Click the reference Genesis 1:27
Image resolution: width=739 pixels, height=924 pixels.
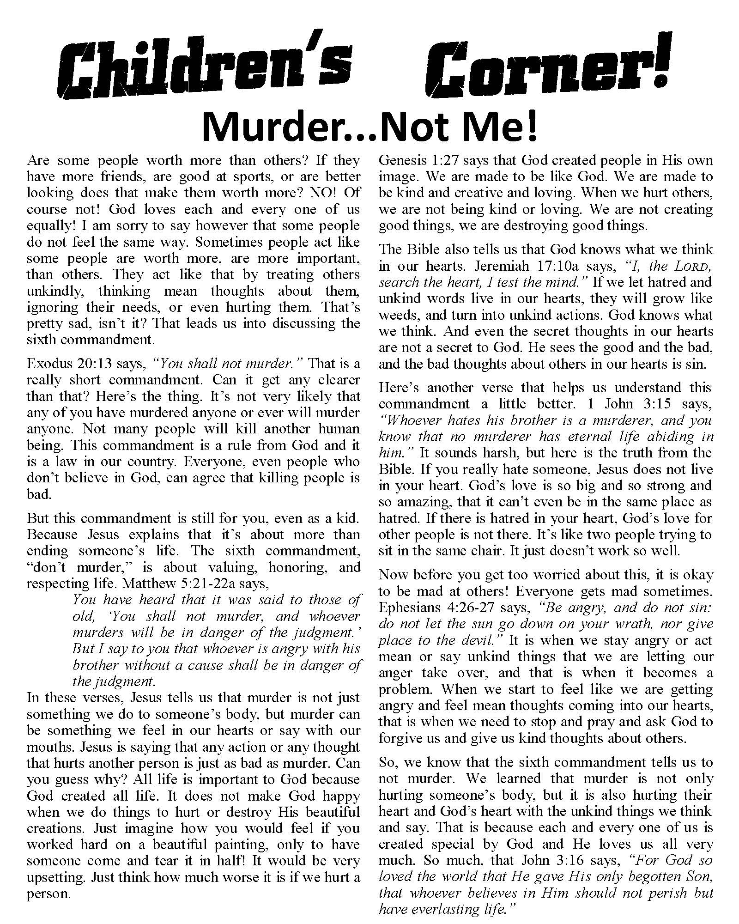tap(419, 161)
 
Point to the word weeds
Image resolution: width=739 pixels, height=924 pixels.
tap(398, 315)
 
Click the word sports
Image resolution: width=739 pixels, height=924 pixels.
tap(238, 177)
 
